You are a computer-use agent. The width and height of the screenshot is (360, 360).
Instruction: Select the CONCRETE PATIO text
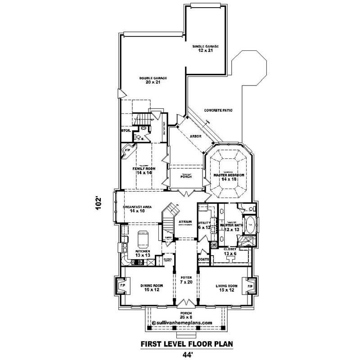[218, 110]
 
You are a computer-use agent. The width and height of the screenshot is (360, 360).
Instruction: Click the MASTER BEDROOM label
[229, 176]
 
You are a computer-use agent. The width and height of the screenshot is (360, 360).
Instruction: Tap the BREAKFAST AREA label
[137, 209]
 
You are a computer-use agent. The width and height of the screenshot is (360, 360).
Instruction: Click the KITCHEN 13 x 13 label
[143, 253]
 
